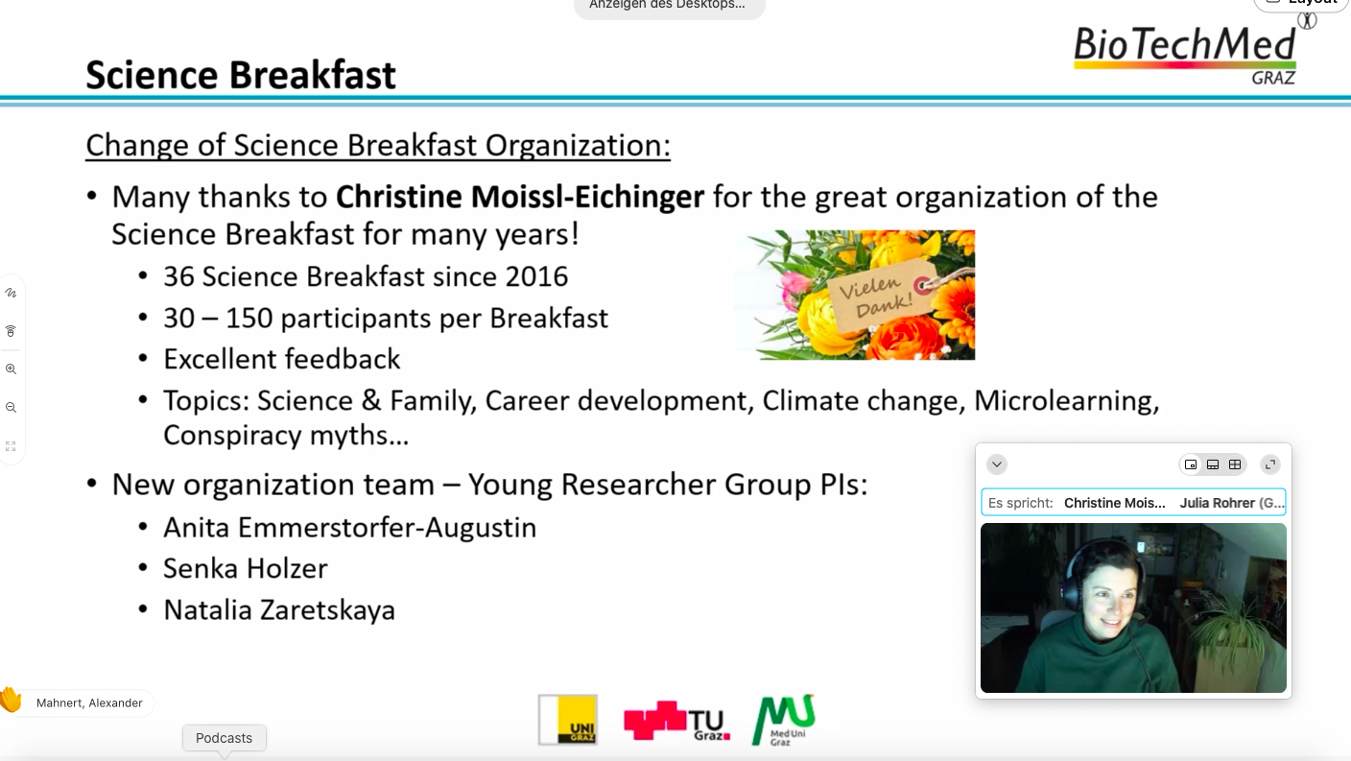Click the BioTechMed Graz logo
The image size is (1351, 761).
pyautogui.click(x=1185, y=56)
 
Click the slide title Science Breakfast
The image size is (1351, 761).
pyautogui.click(x=241, y=75)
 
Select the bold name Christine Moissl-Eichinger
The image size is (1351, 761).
pyautogui.click(x=520, y=197)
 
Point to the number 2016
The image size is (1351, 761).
pyautogui.click(x=536, y=276)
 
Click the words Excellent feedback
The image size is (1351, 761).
pyautogui.click(x=282, y=360)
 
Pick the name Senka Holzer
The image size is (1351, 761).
pyautogui.click(x=246, y=569)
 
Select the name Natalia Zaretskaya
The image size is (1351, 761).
pyautogui.click(x=279, y=610)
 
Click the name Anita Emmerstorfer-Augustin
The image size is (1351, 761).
pyautogui.click(x=350, y=528)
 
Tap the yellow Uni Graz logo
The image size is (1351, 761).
pyautogui.click(x=568, y=720)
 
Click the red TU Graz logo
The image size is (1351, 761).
pyautogui.click(x=676, y=720)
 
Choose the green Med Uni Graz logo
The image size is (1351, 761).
pyautogui.click(x=784, y=720)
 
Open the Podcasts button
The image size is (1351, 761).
pyautogui.click(x=224, y=738)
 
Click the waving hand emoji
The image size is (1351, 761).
pyautogui.click(x=11, y=701)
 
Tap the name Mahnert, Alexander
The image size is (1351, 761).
pyautogui.click(x=89, y=703)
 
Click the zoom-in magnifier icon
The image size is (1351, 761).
pyautogui.click(x=11, y=369)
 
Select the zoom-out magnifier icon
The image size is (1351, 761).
pyautogui.click(x=11, y=408)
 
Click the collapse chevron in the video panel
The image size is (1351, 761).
pyautogui.click(x=996, y=464)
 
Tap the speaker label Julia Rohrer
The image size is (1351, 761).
pyautogui.click(x=1232, y=503)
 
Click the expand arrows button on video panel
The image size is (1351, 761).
pyautogui.click(x=1270, y=464)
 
